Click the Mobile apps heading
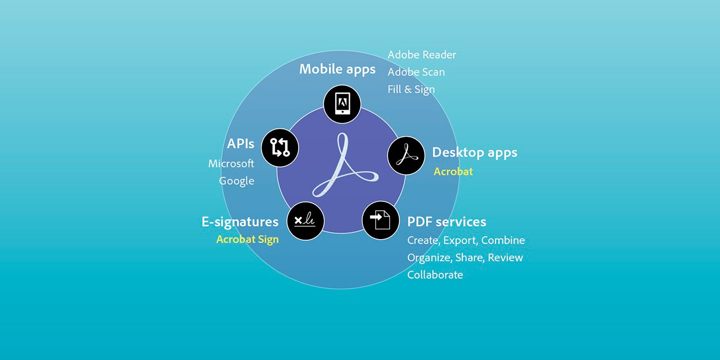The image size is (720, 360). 337,69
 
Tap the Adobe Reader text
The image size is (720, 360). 422,55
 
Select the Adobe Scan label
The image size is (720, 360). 416,72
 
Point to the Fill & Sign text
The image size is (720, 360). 411,89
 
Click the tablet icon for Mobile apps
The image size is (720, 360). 343,104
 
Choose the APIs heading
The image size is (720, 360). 240,143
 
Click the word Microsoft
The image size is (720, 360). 231,164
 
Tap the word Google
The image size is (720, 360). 237,181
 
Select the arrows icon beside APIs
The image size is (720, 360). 280,147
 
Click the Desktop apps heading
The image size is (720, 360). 475,152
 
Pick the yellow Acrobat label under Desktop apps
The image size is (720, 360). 453,172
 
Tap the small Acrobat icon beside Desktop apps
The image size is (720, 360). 406,156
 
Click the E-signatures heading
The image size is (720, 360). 240,222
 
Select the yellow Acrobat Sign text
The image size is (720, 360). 247,240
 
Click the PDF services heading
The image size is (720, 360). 447,222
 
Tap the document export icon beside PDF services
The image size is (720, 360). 381,220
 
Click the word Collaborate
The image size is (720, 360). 435,275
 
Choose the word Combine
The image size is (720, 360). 503,240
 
